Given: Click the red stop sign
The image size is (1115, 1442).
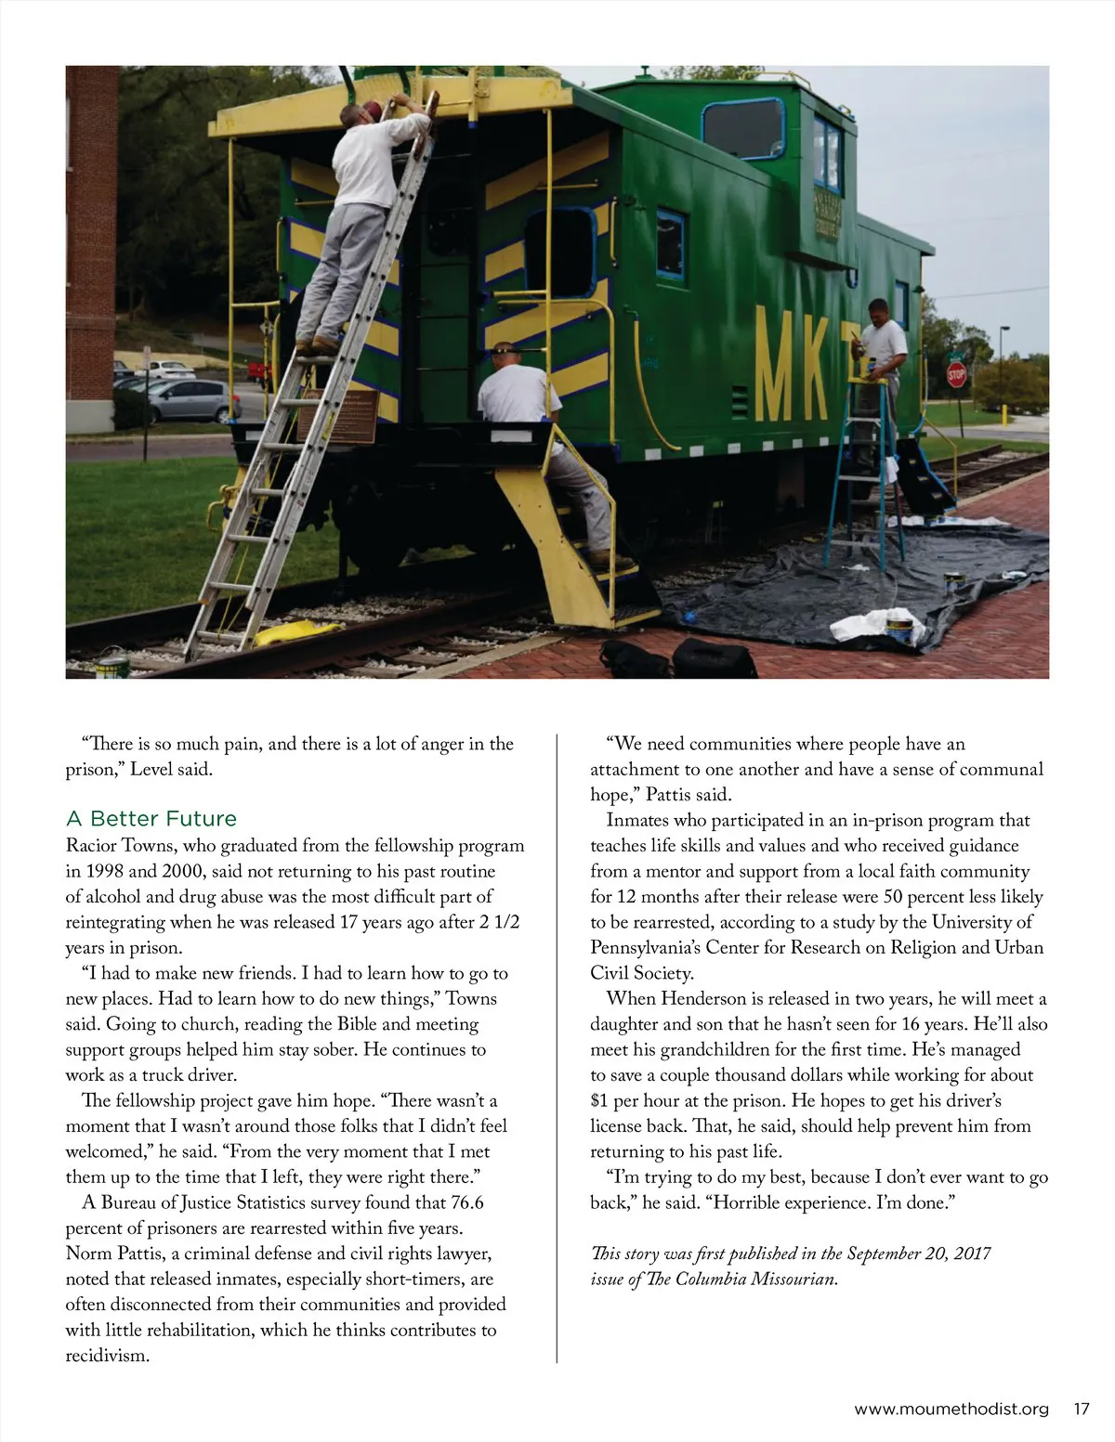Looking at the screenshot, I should (x=956, y=374).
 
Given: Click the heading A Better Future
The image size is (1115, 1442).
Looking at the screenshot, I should (x=151, y=818).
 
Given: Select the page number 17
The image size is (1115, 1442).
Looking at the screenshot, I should (x=1081, y=1409).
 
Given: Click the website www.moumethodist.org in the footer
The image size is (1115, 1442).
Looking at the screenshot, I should (x=951, y=1409).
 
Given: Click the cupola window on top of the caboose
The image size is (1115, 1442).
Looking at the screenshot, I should (x=743, y=128).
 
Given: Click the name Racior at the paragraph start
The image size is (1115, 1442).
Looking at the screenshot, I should (x=91, y=846).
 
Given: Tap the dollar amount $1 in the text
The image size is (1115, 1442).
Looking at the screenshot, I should (x=599, y=1100).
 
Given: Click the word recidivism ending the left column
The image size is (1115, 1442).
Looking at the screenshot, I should (x=107, y=1356).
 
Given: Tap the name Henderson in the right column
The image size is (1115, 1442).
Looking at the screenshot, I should (x=702, y=999).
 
